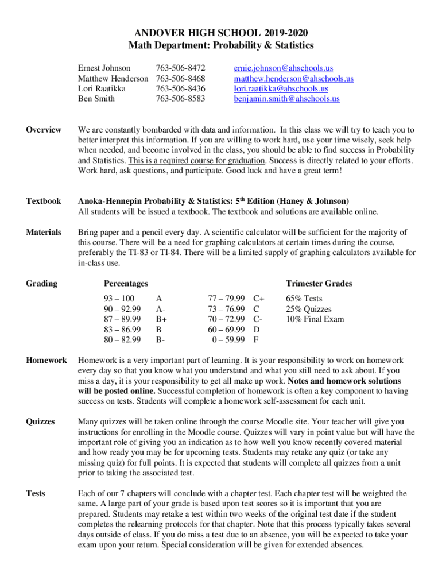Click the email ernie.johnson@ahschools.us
coord(283,68)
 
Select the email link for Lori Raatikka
coord(281,89)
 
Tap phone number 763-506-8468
coord(180,79)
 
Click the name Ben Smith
coord(96,99)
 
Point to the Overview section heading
coord(44,130)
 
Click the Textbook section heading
coord(43,202)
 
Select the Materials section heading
coord(44,233)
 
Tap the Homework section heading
coord(46,361)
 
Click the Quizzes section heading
coord(41,422)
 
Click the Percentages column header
coord(126,284)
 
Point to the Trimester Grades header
coord(319,284)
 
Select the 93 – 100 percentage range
coord(119,299)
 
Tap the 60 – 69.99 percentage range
coord(226,330)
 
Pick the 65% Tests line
coord(304,299)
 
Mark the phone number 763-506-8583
coord(180,99)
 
